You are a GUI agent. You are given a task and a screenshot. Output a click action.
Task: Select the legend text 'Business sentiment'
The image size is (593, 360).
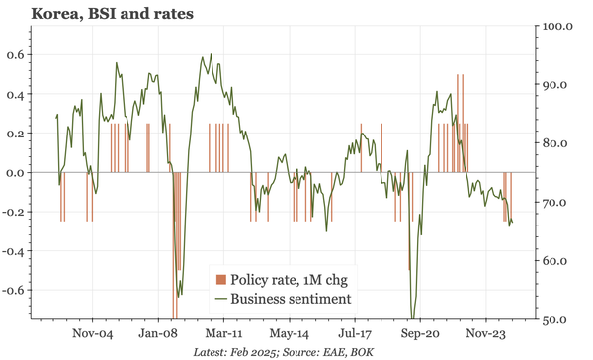(x=292, y=298)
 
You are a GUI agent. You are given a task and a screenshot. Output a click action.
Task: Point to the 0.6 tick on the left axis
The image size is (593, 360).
(x=15, y=55)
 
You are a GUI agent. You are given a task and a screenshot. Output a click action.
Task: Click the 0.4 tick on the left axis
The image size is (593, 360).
(x=15, y=95)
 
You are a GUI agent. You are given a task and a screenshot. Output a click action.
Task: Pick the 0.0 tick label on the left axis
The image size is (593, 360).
(x=15, y=173)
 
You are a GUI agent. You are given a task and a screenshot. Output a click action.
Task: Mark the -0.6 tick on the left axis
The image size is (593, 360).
(x=13, y=291)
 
